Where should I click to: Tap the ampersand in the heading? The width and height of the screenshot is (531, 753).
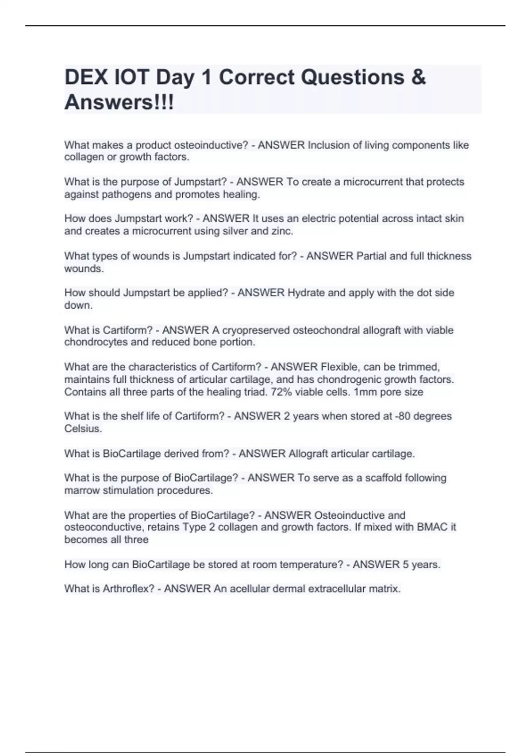click(x=418, y=78)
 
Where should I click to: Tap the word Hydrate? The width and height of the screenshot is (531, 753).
click(x=307, y=293)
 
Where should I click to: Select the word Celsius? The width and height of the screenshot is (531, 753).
click(x=83, y=429)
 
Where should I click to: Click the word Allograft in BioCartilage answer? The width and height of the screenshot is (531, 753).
click(x=309, y=454)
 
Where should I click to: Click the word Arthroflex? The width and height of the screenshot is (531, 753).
click(x=128, y=589)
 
